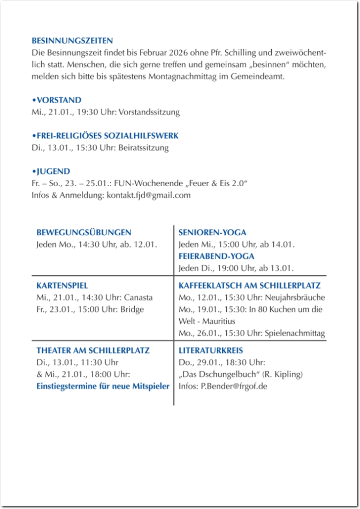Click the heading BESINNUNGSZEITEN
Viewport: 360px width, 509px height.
pyautogui.click(x=72, y=41)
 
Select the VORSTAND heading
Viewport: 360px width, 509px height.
pyautogui.click(x=57, y=100)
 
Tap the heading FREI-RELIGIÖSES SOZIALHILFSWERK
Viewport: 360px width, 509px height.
pyautogui.click(x=106, y=136)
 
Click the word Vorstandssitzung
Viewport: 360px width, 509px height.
pyautogui.click(x=149, y=112)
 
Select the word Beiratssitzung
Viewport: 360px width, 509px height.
pyautogui.click(x=144, y=148)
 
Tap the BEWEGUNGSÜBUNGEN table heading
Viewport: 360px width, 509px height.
pyautogui.click(x=83, y=233)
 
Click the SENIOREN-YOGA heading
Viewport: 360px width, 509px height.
pyautogui.click(x=212, y=233)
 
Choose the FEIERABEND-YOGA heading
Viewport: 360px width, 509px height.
pyautogui.click(x=216, y=256)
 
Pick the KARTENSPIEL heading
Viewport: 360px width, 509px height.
pyautogui.click(x=62, y=286)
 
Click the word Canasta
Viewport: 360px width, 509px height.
pyautogui.click(x=138, y=297)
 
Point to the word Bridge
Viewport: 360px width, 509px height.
pyautogui.click(x=132, y=309)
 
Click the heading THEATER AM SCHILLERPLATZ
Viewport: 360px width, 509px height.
pyautogui.click(x=93, y=351)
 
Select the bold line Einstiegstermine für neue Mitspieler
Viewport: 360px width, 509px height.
pyautogui.click(x=103, y=386)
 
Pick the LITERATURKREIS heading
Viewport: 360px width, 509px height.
pyautogui.click(x=210, y=351)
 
